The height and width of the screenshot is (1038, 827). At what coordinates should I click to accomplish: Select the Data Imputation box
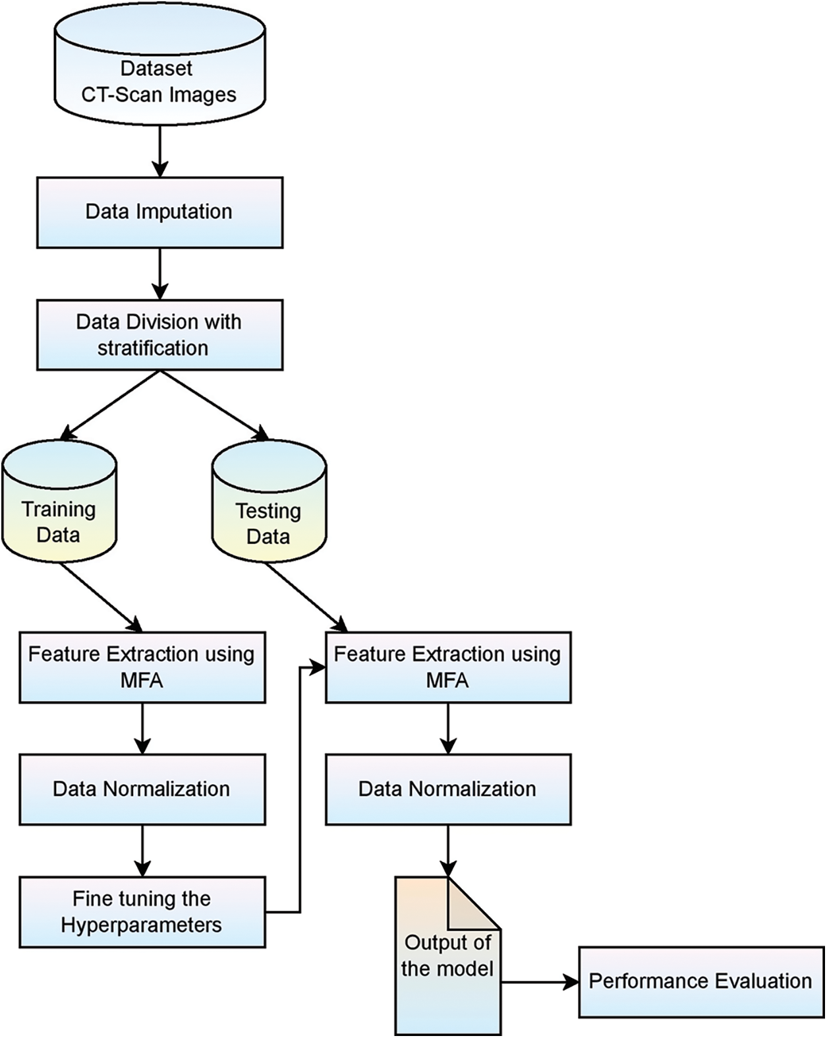159,212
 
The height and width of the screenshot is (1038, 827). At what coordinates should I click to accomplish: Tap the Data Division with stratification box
159,335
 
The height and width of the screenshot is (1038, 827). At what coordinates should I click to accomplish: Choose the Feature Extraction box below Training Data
142,667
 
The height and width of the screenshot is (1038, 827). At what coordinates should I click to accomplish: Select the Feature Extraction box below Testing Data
448,667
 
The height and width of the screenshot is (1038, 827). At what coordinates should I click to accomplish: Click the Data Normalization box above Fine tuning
142,789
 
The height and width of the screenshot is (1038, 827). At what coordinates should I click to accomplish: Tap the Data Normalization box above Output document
448,789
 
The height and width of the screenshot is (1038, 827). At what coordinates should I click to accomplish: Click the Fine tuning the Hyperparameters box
142,912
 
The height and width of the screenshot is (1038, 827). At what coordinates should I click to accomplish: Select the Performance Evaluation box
701,982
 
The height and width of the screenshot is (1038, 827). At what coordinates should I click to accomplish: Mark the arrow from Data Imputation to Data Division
159,274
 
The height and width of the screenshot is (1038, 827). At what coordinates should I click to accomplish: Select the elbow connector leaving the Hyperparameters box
300,791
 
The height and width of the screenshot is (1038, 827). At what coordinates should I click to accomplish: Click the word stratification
153,348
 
